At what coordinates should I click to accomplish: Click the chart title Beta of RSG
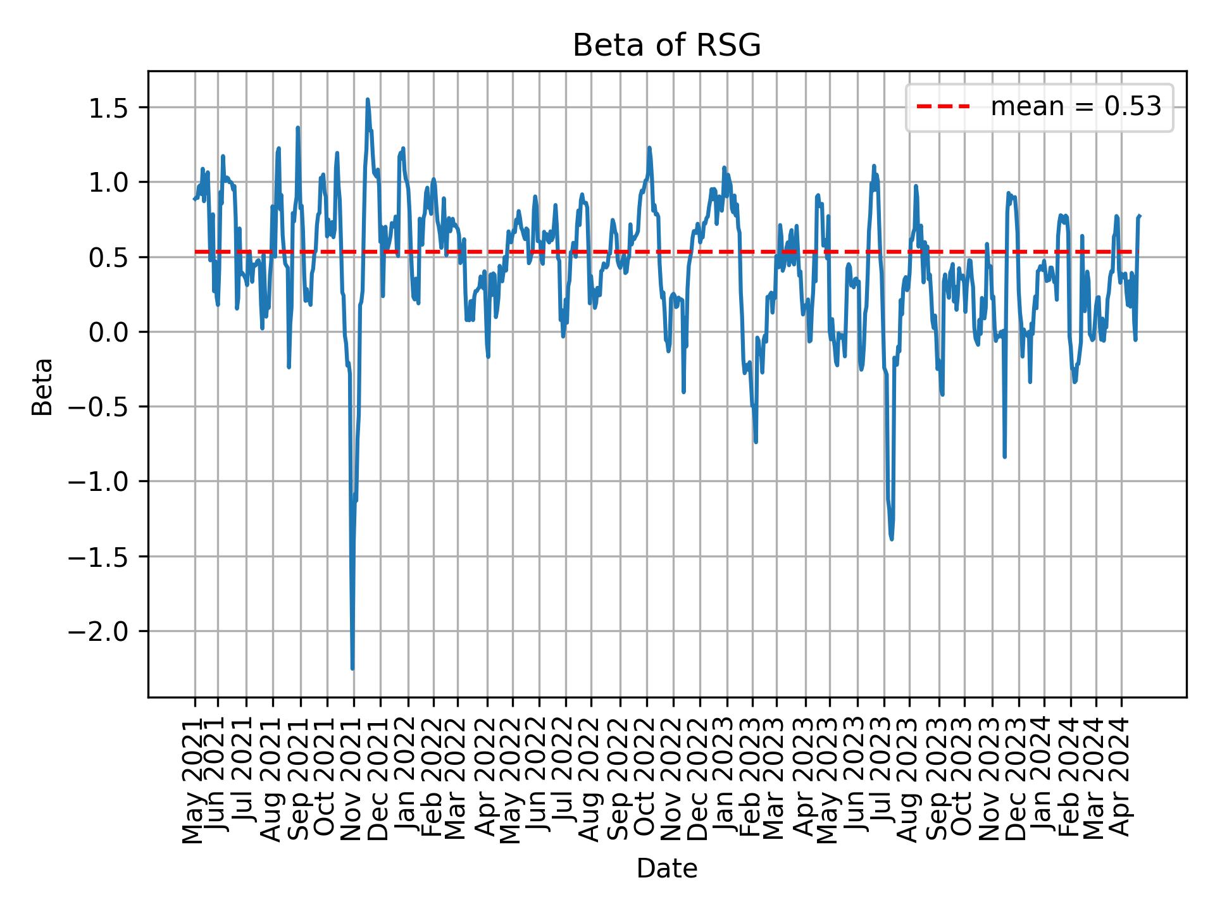[x=666, y=46]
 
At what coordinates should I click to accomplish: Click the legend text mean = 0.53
[x=1076, y=107]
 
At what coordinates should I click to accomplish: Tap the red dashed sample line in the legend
[x=943, y=107]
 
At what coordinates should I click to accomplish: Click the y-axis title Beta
[x=42, y=387]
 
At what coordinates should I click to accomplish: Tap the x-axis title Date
[x=666, y=869]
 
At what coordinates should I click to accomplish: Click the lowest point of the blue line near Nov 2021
[x=352, y=668]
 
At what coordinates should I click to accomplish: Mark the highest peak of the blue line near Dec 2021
[x=368, y=99]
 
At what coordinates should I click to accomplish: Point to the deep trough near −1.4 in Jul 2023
[x=892, y=539]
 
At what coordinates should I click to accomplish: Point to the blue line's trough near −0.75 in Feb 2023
[x=756, y=442]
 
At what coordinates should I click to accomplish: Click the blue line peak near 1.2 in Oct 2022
[x=649, y=148]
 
